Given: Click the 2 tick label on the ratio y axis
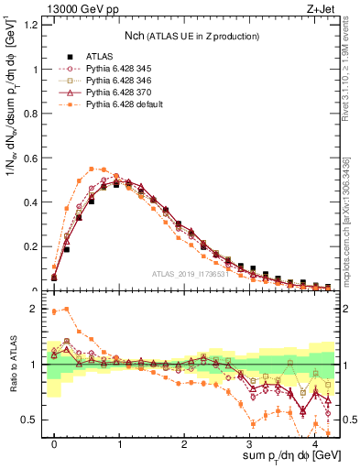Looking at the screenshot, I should tap(35, 309).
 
